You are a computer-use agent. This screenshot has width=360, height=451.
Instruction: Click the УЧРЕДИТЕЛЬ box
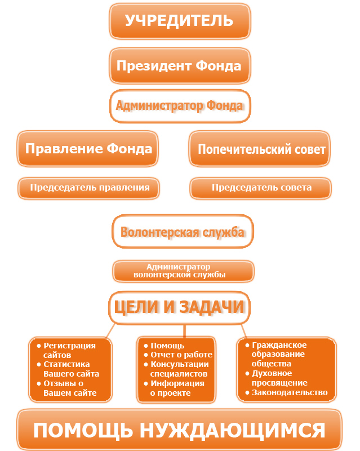click(x=180, y=21)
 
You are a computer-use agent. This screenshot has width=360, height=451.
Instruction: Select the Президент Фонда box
click(x=180, y=66)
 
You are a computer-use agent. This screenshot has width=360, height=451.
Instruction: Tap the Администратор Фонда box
click(x=180, y=106)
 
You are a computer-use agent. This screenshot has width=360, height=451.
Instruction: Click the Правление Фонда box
click(x=88, y=149)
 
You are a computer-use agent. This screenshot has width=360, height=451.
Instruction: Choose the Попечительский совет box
click(x=260, y=149)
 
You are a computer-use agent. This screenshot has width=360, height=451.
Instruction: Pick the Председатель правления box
click(x=88, y=188)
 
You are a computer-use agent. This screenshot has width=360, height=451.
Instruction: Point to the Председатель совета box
click(x=260, y=188)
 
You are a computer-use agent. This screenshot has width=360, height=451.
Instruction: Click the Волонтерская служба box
click(x=183, y=231)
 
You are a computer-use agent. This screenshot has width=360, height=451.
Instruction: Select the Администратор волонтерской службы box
click(x=184, y=271)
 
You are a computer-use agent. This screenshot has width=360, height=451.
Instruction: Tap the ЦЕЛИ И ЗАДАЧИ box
click(x=179, y=308)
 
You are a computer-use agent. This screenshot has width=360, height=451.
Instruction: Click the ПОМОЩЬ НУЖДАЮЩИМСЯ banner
click(x=179, y=430)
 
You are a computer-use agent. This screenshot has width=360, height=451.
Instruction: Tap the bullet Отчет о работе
click(x=178, y=355)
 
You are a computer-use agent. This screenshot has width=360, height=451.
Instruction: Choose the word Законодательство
click(x=290, y=392)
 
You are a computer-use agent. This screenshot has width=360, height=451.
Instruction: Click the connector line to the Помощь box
click(x=184, y=331)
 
